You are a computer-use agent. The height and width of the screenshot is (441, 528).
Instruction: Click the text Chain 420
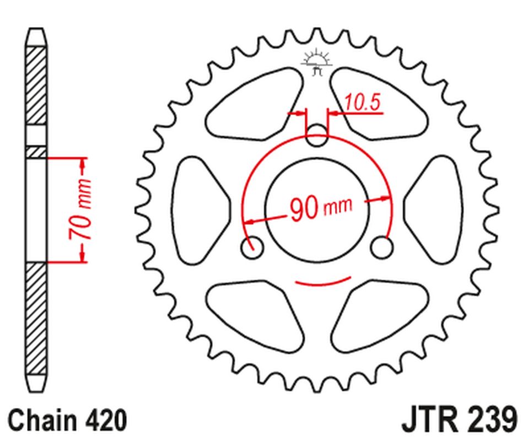[67, 420]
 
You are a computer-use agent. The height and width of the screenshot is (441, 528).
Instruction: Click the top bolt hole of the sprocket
[316, 136]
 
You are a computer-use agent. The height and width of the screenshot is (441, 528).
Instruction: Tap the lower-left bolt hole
[252, 247]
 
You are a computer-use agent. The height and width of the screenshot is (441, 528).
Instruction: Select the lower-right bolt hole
[381, 247]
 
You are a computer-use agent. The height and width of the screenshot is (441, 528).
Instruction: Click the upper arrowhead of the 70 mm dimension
[83, 164]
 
